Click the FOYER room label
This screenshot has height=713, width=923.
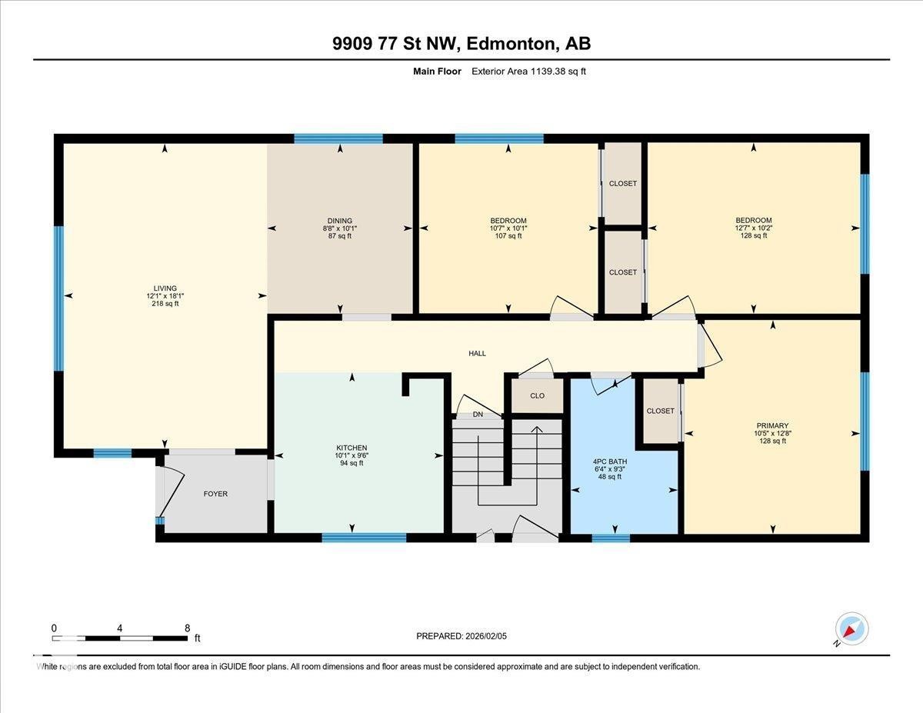coord(215,494)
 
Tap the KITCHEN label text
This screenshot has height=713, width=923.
coord(352,448)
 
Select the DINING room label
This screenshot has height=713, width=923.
coord(340,221)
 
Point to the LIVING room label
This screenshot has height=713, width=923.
coord(165,288)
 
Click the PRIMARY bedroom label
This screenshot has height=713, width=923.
coord(773,425)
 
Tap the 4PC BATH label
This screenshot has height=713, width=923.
coord(610,461)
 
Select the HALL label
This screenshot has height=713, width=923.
coord(478,353)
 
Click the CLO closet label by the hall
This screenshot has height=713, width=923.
coord(538,396)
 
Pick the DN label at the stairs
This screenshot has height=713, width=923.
coord(478,414)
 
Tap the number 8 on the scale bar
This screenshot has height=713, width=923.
coord(188,628)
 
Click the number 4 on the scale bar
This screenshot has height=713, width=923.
coord(120,628)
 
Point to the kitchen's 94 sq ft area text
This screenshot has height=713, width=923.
coord(352,463)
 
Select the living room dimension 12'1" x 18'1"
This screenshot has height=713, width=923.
coord(165,295)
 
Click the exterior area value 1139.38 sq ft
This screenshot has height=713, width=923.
coord(558,72)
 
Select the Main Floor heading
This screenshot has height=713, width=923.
coord(437,72)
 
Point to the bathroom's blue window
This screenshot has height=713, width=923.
coord(611,538)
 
